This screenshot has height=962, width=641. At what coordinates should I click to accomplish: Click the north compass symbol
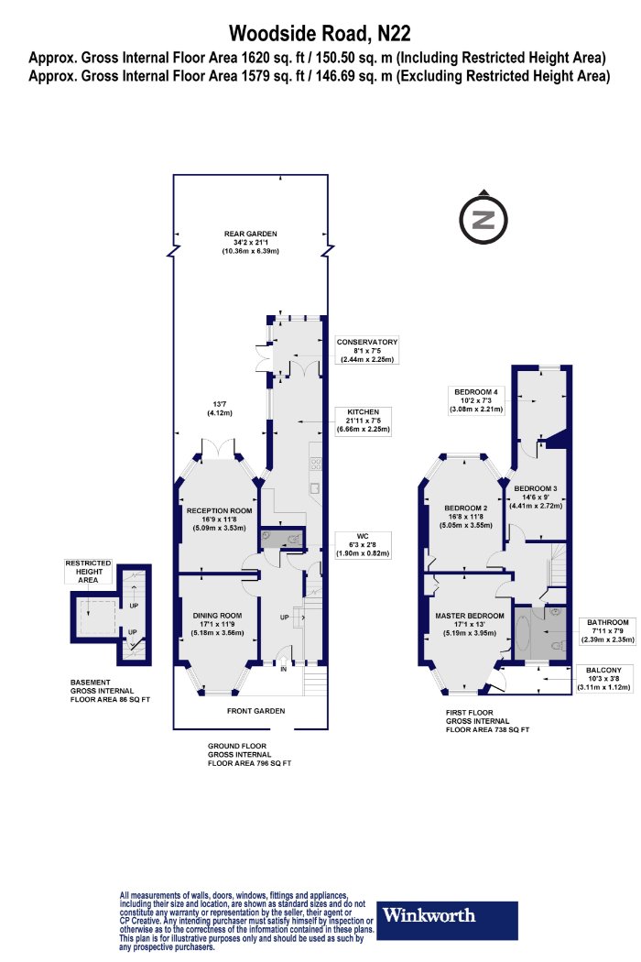[x=483, y=218]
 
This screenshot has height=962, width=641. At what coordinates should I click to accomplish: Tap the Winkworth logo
[x=447, y=920]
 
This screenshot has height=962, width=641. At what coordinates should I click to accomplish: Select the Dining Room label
[x=217, y=624]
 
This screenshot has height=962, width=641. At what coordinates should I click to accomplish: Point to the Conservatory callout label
[x=367, y=350]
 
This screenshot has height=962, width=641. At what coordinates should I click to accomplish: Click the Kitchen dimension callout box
[x=364, y=421]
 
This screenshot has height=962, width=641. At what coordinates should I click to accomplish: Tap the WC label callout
[x=363, y=545]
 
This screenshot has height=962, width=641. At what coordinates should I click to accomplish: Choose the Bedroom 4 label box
[x=476, y=400]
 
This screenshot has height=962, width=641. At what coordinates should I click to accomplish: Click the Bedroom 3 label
[x=536, y=497]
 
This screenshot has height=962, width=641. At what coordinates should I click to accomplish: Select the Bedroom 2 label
[x=465, y=516]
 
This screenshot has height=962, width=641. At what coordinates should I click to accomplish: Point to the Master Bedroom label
[x=470, y=624]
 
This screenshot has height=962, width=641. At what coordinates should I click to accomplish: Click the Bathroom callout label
[x=607, y=630]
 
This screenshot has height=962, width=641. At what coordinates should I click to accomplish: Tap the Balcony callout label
[x=603, y=679]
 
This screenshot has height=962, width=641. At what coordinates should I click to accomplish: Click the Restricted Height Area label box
[x=88, y=571]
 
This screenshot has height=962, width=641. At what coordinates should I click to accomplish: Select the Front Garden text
[x=255, y=711]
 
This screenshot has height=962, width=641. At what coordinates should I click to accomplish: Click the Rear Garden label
[x=250, y=243]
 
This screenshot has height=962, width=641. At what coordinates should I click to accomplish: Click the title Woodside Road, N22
[x=320, y=32]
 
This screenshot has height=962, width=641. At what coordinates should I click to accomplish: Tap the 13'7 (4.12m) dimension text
[x=220, y=409]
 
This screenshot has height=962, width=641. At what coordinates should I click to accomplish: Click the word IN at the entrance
[x=283, y=670]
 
